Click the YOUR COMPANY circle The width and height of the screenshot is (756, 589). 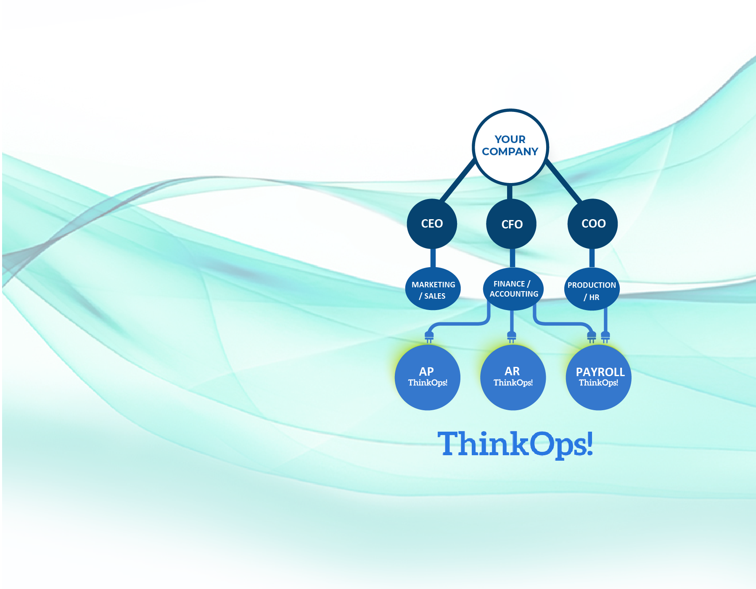pyautogui.click(x=510, y=146)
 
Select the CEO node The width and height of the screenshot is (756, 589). pyautogui.click(x=432, y=223)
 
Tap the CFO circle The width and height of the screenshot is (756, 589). pyautogui.click(x=511, y=224)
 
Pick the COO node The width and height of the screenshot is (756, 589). pyautogui.click(x=593, y=223)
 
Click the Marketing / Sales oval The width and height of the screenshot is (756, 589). pyautogui.click(x=433, y=289)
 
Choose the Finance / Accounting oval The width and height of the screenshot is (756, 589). pyautogui.click(x=513, y=289)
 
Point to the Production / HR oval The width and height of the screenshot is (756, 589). pyautogui.click(x=592, y=290)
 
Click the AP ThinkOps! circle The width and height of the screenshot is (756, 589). pyautogui.click(x=428, y=377)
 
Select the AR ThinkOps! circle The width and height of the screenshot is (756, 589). pyautogui.click(x=513, y=377)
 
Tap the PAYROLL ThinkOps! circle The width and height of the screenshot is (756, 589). pyautogui.click(x=599, y=377)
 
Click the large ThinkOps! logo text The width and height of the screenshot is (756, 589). pyautogui.click(x=515, y=444)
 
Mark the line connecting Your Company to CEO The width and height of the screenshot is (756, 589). pyautogui.click(x=457, y=180)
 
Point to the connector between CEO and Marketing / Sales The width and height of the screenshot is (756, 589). pyautogui.click(x=433, y=258)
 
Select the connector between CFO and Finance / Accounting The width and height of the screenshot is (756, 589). pyautogui.click(x=512, y=258)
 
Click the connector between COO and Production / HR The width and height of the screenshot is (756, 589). pyautogui.click(x=592, y=258)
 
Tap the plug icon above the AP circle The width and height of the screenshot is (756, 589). pyautogui.click(x=429, y=336)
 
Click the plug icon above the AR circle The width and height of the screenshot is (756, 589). pyautogui.click(x=512, y=336)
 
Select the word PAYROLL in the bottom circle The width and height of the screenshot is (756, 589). pyautogui.click(x=600, y=372)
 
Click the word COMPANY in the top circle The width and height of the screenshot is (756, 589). pyautogui.click(x=510, y=151)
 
